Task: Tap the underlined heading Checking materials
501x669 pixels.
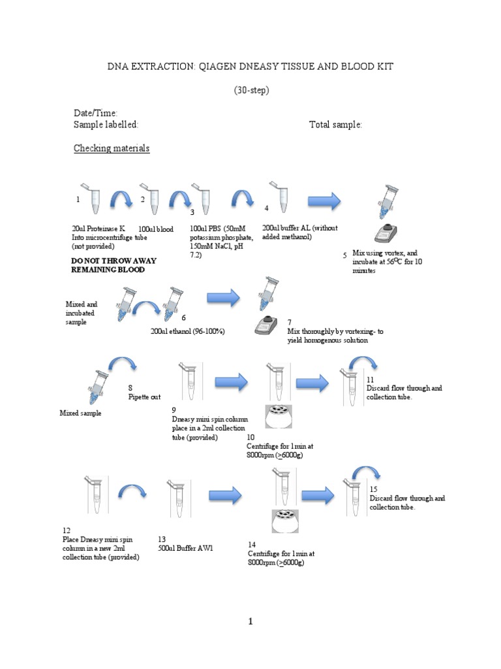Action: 112,148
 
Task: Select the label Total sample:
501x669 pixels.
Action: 335,125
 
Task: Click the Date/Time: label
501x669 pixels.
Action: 95,114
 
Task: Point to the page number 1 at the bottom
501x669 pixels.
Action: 250,622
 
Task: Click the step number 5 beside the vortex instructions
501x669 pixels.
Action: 344,255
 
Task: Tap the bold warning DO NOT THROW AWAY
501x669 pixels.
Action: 114,260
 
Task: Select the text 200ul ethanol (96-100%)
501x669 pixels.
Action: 188,331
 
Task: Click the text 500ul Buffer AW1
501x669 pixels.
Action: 185,548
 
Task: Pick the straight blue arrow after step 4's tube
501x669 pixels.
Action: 324,201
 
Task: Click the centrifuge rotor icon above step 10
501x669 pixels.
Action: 278,417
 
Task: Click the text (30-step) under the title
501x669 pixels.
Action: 250,91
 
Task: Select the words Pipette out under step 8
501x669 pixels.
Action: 144,397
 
